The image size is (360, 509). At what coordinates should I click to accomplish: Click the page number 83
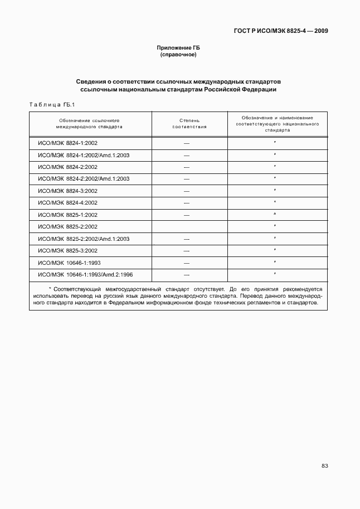click(324, 466)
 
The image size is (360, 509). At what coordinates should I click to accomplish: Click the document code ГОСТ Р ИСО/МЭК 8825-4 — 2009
click(281, 31)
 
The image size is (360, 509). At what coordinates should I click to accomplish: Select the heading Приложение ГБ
click(178, 49)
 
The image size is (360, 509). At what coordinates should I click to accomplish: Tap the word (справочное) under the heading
click(178, 55)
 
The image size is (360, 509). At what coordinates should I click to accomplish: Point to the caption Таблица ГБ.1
click(51, 104)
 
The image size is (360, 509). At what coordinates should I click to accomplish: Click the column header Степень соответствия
click(189, 123)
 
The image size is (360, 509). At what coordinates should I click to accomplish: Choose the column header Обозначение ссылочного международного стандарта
click(90, 123)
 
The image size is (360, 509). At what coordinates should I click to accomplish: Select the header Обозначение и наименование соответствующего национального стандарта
click(277, 123)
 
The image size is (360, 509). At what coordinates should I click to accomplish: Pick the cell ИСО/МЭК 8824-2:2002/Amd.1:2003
click(84, 178)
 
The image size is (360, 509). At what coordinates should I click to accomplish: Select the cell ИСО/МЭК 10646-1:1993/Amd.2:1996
click(85, 274)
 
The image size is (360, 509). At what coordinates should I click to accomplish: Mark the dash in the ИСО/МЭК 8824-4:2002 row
click(187, 203)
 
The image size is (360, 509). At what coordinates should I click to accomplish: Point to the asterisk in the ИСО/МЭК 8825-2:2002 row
click(275, 226)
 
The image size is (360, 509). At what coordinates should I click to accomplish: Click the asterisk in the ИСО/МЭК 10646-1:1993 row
click(275, 261)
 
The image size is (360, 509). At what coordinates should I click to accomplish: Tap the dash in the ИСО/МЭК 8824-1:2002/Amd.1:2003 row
click(187, 156)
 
